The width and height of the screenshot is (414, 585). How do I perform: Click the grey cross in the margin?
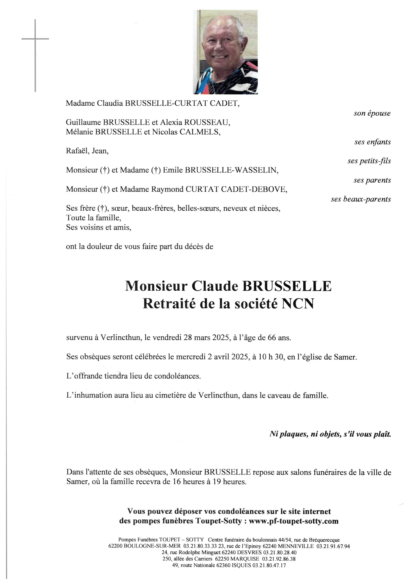tap(35, 39)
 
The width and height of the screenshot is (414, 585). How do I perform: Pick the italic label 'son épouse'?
tap(372, 113)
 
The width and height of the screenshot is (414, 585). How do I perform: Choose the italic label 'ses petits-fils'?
tap(369, 161)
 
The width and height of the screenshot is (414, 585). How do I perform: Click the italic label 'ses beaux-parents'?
tap(361, 199)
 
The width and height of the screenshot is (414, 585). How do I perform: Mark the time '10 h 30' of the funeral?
tap(271, 357)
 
